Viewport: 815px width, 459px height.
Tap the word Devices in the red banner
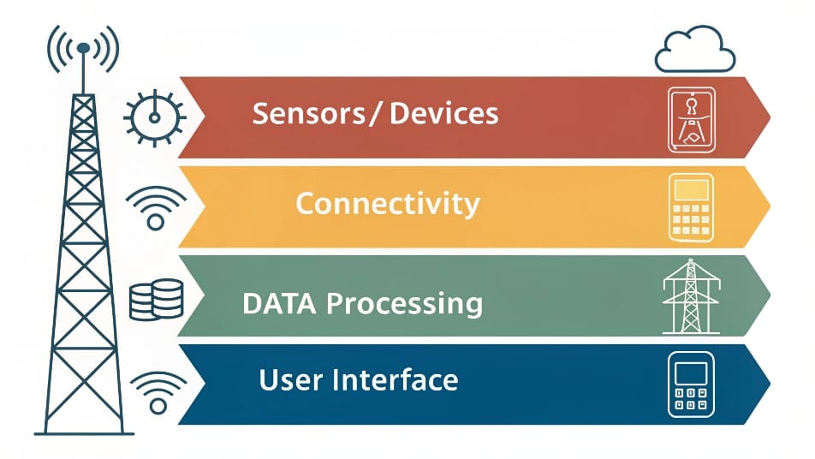click(x=443, y=113)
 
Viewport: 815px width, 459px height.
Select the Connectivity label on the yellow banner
click(x=388, y=203)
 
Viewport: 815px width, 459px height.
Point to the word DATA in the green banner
click(x=279, y=303)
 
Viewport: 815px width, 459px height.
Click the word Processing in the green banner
click(x=405, y=304)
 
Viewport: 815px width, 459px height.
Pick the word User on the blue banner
click(x=290, y=380)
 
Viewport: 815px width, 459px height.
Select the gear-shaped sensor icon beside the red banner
click(x=154, y=117)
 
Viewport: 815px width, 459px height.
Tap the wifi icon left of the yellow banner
click(x=156, y=207)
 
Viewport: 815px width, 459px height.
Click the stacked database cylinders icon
click(x=157, y=300)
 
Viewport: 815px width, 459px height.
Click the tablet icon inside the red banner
click(x=692, y=120)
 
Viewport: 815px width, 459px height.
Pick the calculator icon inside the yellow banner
click(x=692, y=208)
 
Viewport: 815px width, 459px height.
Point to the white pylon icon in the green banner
click(x=692, y=296)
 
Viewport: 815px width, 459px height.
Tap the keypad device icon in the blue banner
click(x=692, y=384)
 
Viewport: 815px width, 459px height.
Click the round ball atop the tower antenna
click(x=83, y=48)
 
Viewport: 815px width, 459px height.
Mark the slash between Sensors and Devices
click(x=377, y=114)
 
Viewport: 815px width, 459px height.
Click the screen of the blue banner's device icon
click(x=691, y=373)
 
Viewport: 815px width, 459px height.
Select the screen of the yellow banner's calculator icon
click(x=692, y=190)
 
